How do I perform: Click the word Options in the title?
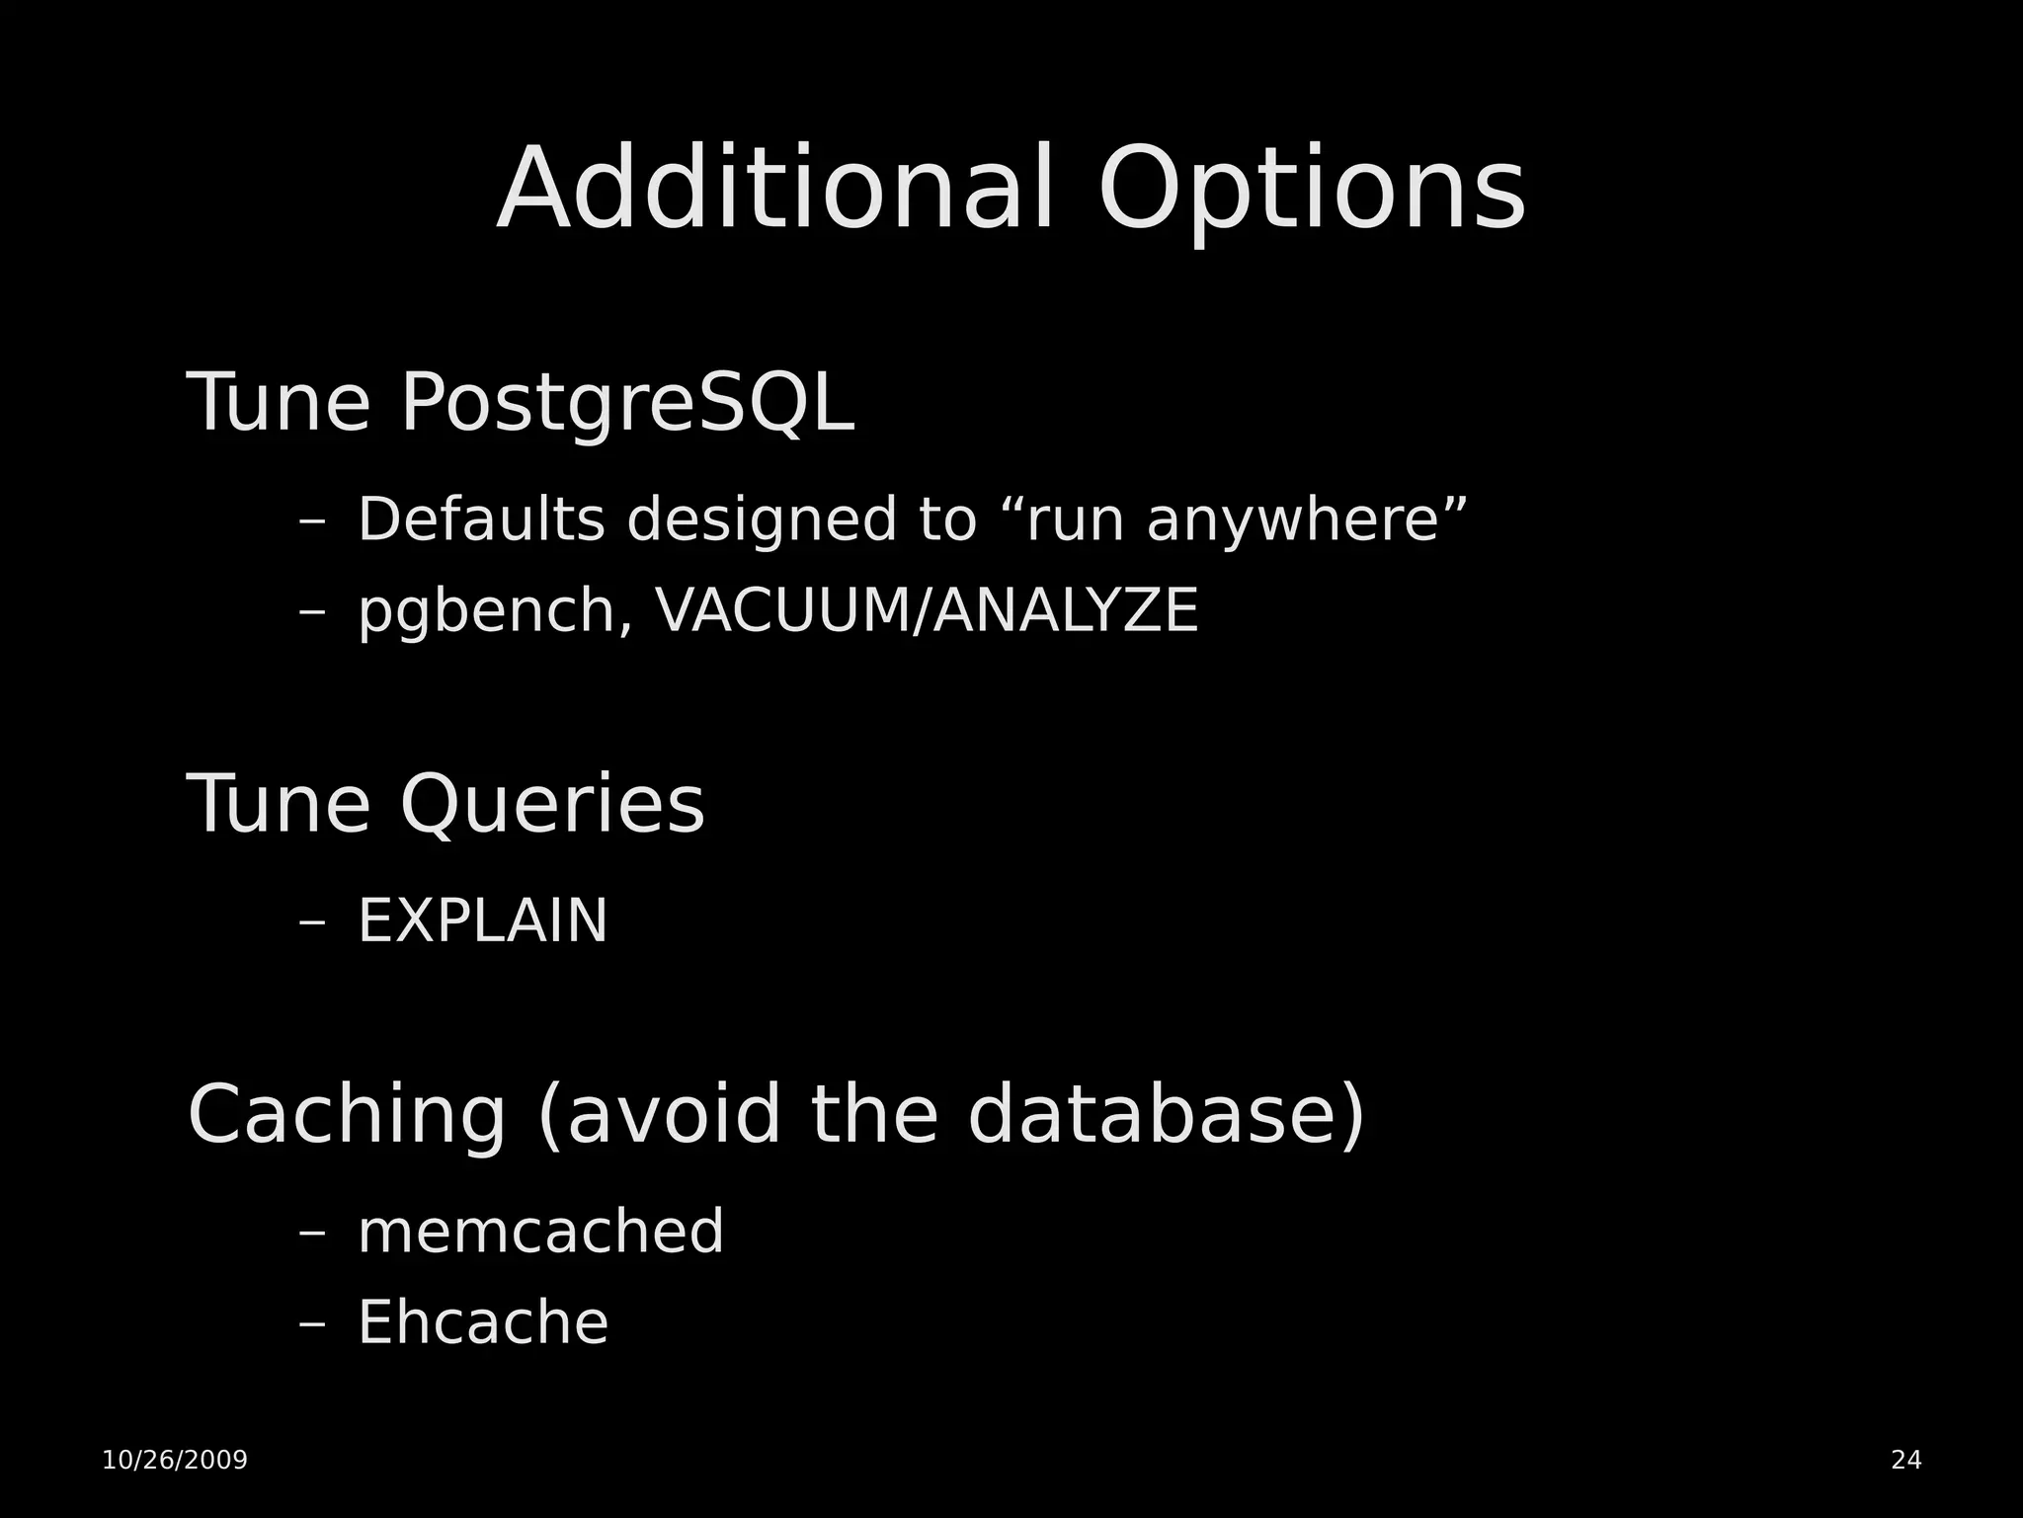1311,190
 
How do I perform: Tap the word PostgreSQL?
626,403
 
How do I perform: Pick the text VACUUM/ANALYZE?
928,610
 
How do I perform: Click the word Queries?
553,805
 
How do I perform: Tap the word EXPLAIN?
482,921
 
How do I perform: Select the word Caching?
347,1114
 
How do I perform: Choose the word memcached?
540,1232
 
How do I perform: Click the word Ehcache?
482,1322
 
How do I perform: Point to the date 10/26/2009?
175,1460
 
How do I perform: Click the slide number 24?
1905,1460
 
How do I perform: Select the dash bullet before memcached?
312,1234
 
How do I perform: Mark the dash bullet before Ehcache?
312,1324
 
